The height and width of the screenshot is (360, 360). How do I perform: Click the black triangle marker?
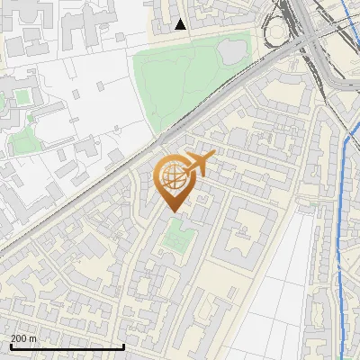181,24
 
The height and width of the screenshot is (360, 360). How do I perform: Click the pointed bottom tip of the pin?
172,211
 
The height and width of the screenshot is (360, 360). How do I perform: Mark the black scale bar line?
67,347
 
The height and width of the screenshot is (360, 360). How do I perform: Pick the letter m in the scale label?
33,338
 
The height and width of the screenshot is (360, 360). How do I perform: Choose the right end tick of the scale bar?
123,346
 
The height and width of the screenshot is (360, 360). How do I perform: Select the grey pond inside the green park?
233,49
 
